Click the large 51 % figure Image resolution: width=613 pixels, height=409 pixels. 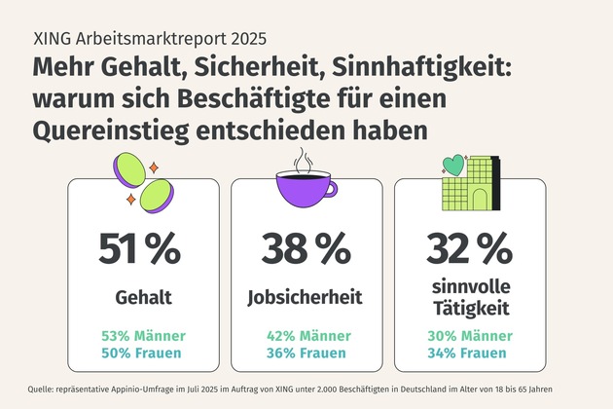tap(139, 249)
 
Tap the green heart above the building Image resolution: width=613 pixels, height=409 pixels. tap(454, 164)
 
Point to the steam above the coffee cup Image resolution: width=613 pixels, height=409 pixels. tap(305, 158)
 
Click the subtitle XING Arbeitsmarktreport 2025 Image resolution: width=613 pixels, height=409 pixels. tap(149, 41)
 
